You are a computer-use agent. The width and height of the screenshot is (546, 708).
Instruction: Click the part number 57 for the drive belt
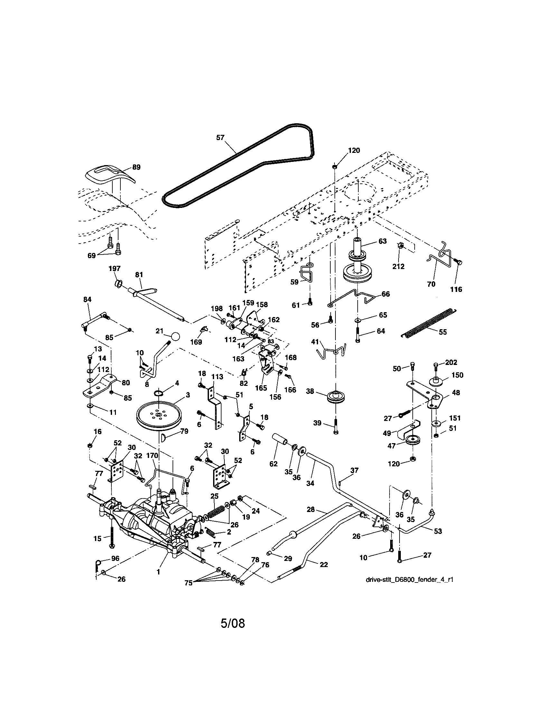click(x=220, y=137)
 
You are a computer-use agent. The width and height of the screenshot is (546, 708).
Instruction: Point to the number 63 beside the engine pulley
click(x=382, y=241)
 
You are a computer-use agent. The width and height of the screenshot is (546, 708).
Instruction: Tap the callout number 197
click(x=114, y=268)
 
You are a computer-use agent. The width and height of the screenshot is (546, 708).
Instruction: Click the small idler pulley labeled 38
click(x=336, y=397)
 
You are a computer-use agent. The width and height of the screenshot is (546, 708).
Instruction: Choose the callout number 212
click(x=399, y=266)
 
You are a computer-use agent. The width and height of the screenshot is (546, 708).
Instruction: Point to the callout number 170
click(x=152, y=455)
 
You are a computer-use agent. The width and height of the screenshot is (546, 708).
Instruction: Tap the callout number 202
click(x=451, y=362)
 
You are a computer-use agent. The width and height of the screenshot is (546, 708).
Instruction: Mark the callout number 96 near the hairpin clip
click(x=115, y=558)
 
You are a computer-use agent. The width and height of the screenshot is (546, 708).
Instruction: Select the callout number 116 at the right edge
click(x=456, y=289)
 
